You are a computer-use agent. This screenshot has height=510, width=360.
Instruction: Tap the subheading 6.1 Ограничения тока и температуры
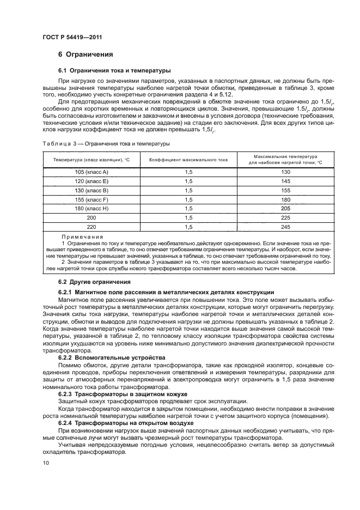click(x=115, y=70)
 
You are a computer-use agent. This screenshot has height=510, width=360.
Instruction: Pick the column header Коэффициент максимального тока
click(x=188, y=160)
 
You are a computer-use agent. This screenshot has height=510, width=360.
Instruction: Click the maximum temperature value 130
click(x=286, y=172)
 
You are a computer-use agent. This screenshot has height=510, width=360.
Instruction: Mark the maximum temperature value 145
click(x=286, y=181)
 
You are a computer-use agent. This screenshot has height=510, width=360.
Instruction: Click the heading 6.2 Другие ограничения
click(x=94, y=282)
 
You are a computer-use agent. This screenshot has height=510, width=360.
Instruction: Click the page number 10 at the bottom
click(x=46, y=463)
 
